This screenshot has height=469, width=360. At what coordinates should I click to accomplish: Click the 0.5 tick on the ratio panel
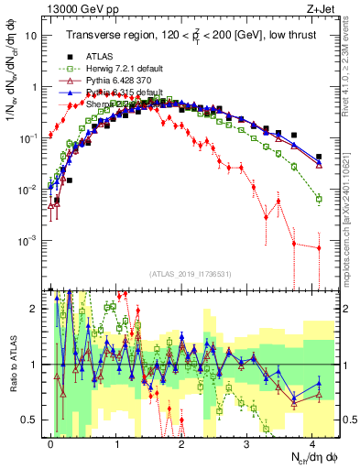pos(32,420)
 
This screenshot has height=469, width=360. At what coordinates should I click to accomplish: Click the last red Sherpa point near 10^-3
pos(318,247)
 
